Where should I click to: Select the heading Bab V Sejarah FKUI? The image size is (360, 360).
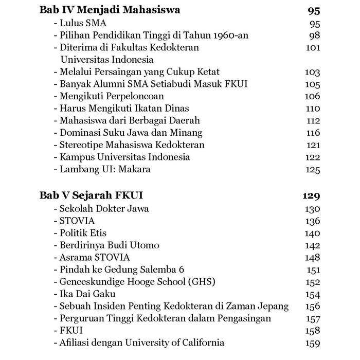pyautogui.click(x=91, y=195)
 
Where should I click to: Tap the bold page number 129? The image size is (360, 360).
pyautogui.click(x=311, y=196)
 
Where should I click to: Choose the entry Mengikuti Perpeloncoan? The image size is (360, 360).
pyautogui.click(x=111, y=96)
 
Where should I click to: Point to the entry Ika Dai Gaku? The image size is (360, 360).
pyautogui.click(x=87, y=294)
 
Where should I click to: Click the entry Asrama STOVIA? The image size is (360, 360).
pyautogui.click(x=94, y=257)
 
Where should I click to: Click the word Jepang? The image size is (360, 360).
pyautogui.click(x=273, y=306)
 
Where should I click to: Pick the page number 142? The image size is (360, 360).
pyautogui.click(x=312, y=245)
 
